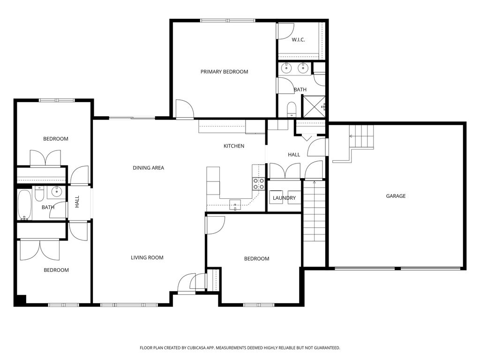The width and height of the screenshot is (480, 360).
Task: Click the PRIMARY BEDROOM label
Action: (224, 72)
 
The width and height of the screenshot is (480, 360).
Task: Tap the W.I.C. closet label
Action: (298, 40)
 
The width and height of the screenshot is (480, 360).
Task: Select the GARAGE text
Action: (396, 196)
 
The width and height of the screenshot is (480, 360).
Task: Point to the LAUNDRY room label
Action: (285, 198)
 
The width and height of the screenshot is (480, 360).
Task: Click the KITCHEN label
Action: (233, 146)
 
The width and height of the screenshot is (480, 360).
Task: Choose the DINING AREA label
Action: (148, 168)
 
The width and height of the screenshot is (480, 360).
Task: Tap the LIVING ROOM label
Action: (147, 257)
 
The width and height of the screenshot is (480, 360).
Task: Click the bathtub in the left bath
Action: (24, 205)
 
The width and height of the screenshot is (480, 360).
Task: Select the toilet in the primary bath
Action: (291, 109)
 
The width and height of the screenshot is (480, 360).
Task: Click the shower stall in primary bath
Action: (314, 106)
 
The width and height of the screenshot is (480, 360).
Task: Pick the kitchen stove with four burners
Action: (259, 184)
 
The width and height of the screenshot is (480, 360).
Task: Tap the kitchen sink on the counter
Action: (235, 204)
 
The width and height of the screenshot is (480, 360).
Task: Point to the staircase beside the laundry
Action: (314, 211)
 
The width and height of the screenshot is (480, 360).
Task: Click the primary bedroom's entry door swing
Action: (184, 109)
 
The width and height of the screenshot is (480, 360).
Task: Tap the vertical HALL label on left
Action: (77, 202)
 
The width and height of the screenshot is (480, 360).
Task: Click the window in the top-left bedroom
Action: (56, 100)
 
